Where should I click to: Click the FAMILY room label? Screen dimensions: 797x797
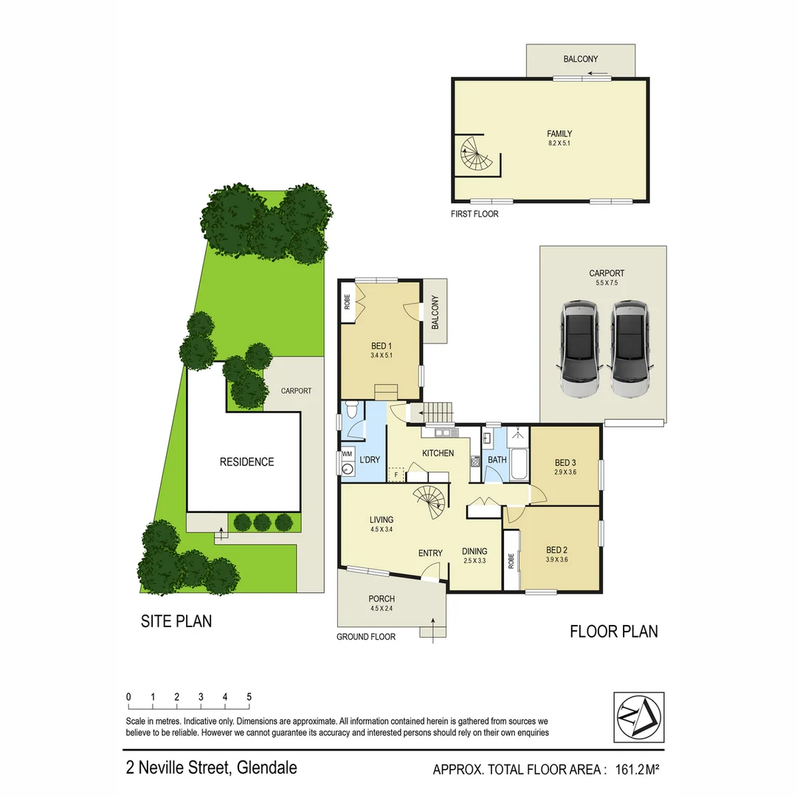tap(559, 134)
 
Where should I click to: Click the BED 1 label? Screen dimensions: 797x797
tap(381, 345)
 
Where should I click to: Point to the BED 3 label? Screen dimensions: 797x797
tap(565, 463)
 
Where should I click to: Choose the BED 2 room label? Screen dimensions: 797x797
tap(556, 549)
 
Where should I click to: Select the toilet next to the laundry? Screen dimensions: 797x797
tap(353, 410)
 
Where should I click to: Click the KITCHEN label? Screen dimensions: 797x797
tap(438, 453)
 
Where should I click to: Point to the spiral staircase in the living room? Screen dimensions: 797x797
tap(429, 502)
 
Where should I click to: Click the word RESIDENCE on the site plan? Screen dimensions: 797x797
tap(246, 462)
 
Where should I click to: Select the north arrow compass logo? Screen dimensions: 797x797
tap(638, 717)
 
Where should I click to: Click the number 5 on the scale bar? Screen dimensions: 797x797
tap(249, 697)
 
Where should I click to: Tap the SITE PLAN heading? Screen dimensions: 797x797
tap(176, 621)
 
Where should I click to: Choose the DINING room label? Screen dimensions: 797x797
tap(475, 551)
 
